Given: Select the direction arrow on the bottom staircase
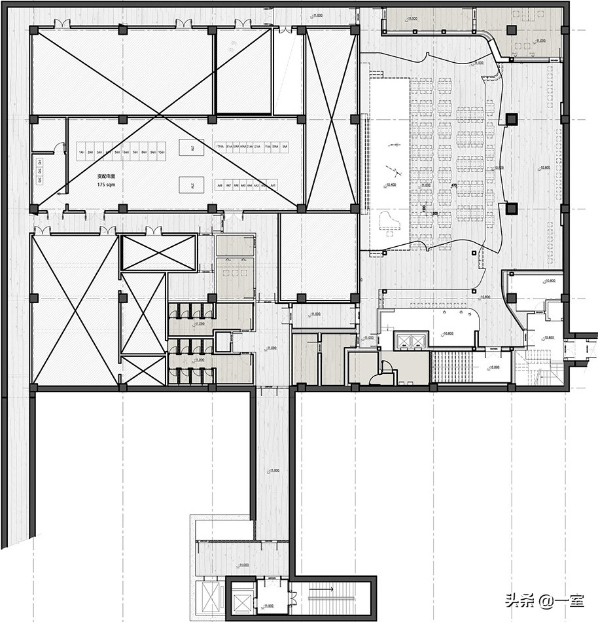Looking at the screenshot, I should [325, 589].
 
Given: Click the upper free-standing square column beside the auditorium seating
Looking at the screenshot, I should [511, 119].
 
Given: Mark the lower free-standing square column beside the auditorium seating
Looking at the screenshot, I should [511, 209].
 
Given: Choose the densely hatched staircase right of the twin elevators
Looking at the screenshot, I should [453, 367].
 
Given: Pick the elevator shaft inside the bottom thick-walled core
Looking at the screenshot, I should [240, 596].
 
